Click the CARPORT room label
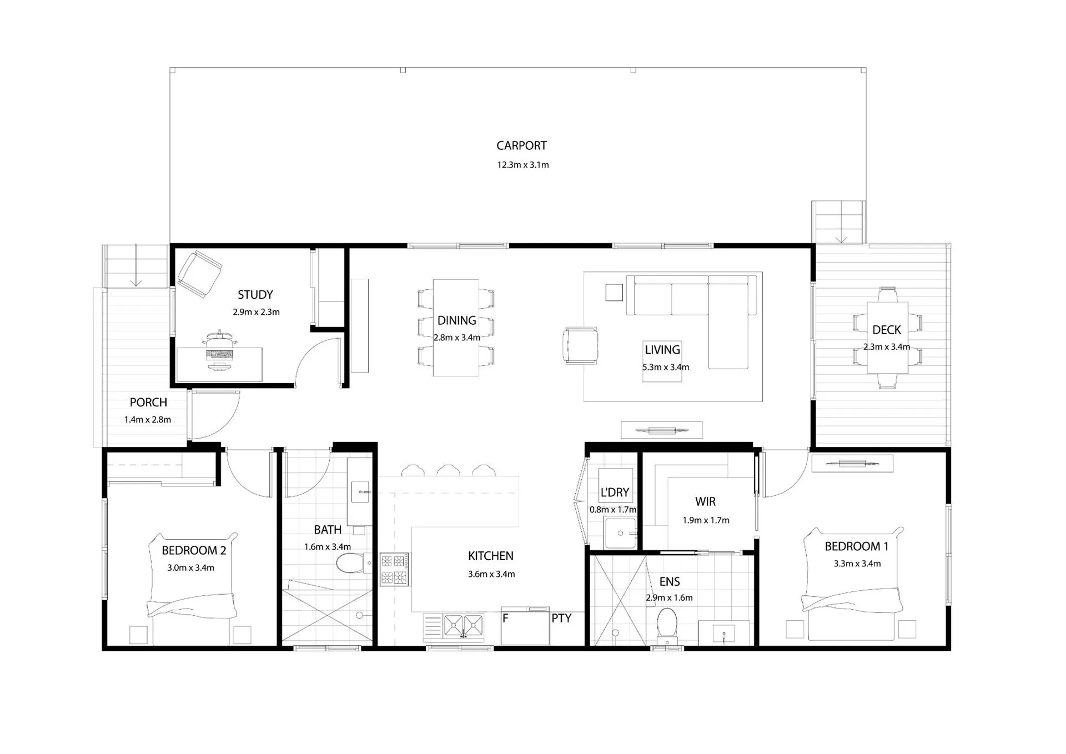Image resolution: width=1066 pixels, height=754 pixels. coord(521,145)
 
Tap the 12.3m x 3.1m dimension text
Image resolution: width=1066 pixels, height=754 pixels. coord(522,165)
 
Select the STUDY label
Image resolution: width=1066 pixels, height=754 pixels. coord(255,295)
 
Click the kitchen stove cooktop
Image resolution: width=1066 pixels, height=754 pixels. coord(394,569)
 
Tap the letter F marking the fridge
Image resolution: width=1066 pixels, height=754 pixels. coord(505,618)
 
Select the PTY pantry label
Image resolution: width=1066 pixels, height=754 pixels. coord(561,618)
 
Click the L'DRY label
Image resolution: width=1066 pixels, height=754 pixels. coord(615,492)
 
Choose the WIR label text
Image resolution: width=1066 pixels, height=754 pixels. coord(705,501)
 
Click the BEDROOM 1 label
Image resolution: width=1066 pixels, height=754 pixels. coord(857,546)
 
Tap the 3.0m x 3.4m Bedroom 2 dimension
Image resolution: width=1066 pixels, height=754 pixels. coord(190,568)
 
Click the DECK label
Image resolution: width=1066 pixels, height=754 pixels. coord(887,330)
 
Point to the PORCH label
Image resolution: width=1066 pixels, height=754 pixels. coord(148,402)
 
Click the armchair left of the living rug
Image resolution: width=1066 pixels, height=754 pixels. coord(581,345)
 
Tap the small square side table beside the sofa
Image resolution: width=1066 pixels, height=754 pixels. coord(614,292)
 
